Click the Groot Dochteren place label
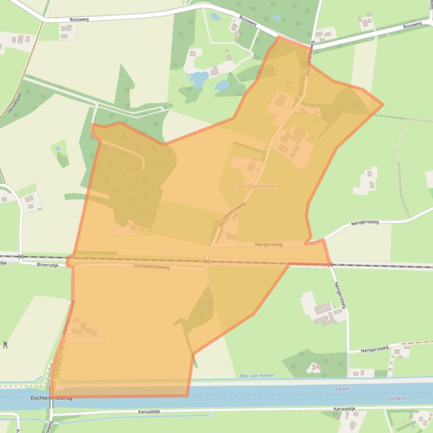[x=254, y=186]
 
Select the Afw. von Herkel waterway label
[x=256, y=376]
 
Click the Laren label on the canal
[x=342, y=389]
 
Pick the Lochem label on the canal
[x=396, y=398]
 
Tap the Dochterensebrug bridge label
[x=51, y=398]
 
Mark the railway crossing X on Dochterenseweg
[x=207, y=261]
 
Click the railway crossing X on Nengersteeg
[x=330, y=264]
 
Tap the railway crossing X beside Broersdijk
[x=20, y=256]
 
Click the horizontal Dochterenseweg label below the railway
[x=151, y=267]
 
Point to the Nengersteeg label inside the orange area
[x=268, y=245]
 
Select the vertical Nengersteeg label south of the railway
[x=338, y=295]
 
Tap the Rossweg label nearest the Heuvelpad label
[x=79, y=20]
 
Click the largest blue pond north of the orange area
[x=198, y=79]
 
